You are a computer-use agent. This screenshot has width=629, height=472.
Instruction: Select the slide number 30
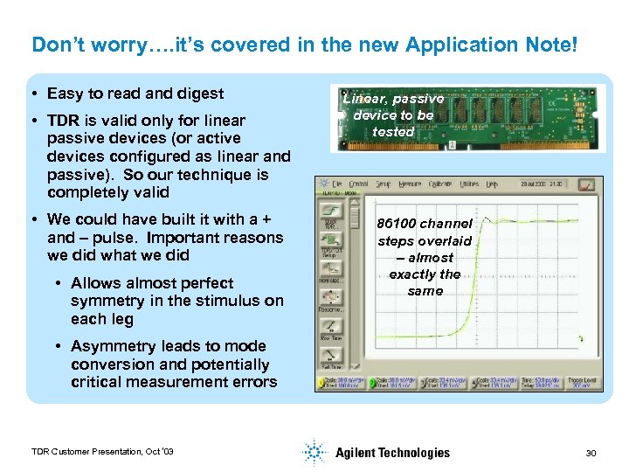[591, 452]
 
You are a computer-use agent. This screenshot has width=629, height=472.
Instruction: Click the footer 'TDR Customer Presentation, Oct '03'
[102, 451]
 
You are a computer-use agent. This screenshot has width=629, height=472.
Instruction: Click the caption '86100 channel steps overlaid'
[425, 232]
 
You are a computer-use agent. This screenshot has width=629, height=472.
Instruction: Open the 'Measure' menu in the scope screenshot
[409, 184]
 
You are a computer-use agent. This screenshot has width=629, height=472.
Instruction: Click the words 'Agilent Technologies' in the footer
[392, 452]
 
